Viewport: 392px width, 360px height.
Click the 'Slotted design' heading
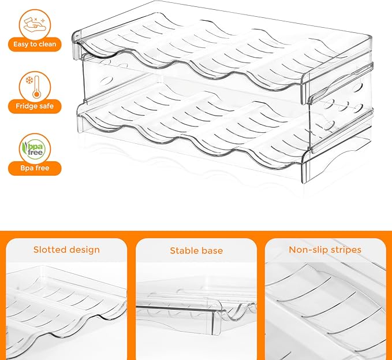click(x=66, y=250)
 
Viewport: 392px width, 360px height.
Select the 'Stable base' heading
click(x=196, y=251)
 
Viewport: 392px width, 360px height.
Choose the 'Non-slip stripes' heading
click(x=325, y=250)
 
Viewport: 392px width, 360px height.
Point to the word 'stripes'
click(x=345, y=250)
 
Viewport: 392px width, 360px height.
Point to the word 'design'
click(x=85, y=250)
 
